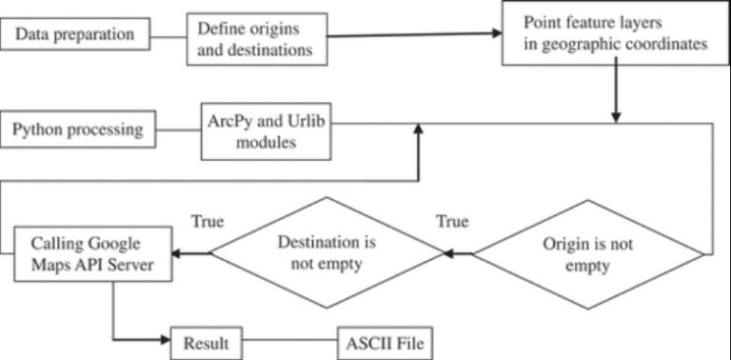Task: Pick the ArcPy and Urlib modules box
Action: pos(267,130)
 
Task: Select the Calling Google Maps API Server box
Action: pos(92,253)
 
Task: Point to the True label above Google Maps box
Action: pos(207,222)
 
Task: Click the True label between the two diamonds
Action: pos(452,222)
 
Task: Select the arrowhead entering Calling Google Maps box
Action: pos(180,253)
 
